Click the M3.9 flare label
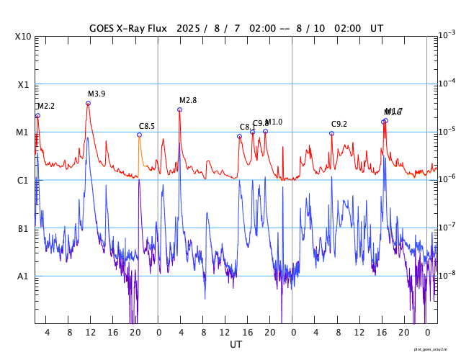point(97,94)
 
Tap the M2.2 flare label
point(46,107)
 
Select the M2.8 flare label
point(188,101)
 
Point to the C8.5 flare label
point(147,127)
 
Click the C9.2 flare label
point(339,125)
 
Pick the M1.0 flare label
point(274,122)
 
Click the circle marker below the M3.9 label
point(88,104)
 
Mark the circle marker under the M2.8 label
point(179,110)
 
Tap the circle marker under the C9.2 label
point(331,133)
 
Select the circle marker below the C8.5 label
point(139,135)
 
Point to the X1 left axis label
point(24,84)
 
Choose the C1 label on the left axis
point(24,180)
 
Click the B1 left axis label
point(24,228)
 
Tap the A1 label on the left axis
point(24,276)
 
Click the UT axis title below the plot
point(236,345)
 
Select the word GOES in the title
point(102,28)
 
